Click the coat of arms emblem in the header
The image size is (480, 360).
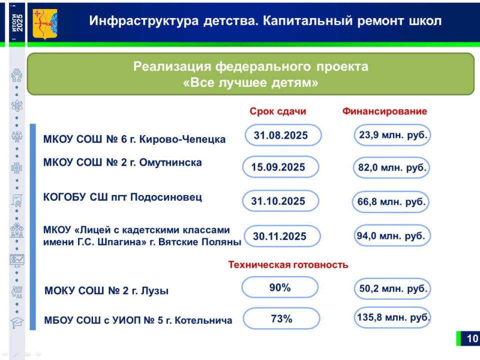[x=44, y=22]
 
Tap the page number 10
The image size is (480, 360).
[x=472, y=338]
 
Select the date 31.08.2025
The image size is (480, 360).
[x=280, y=135]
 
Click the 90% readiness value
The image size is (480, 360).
[x=279, y=287]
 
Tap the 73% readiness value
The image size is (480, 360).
[x=281, y=318]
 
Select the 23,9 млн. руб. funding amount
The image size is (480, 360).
[x=392, y=135]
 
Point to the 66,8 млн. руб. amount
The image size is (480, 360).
[x=391, y=202]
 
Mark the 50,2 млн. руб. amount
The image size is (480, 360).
[x=392, y=288]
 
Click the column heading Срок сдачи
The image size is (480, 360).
[x=278, y=111]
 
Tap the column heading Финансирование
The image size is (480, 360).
[x=384, y=111]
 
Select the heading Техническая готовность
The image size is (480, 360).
[x=288, y=265]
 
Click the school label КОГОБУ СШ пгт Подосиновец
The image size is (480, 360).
[x=122, y=197]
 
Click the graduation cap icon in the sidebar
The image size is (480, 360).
[x=16, y=322]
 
